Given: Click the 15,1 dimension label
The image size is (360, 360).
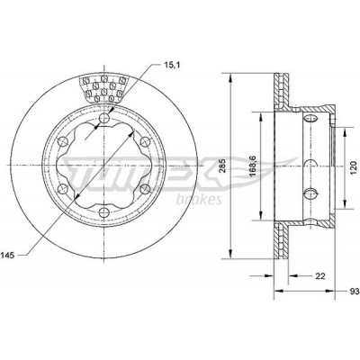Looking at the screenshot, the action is pyautogui.click(x=172, y=65).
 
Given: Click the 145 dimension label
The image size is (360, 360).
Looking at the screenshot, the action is pyautogui.click(x=7, y=256).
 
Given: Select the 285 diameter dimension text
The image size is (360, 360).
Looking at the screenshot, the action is pyautogui.click(x=222, y=166).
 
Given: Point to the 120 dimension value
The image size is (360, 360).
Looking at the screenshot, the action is pyautogui.click(x=354, y=167).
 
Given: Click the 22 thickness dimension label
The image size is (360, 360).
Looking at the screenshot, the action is pyautogui.click(x=320, y=276).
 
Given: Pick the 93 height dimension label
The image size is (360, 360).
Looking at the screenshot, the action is pyautogui.click(x=355, y=292).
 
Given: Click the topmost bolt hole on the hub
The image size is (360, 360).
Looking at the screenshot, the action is pyautogui.click(x=103, y=118).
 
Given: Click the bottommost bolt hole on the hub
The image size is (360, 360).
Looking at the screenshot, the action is pyautogui.click(x=103, y=212).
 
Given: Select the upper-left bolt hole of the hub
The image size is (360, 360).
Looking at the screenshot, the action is pyautogui.click(x=63, y=141).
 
